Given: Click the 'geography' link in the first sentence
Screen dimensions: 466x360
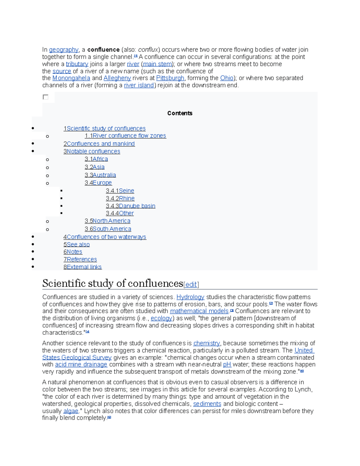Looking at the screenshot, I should pos(64,50).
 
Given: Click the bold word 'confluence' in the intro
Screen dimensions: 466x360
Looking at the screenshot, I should pos(103,50).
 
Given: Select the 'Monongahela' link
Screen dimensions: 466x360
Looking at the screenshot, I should pos(71,78).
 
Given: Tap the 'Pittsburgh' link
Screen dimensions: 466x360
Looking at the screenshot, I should pos(170,78).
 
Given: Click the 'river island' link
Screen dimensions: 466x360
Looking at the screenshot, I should pos(139,86).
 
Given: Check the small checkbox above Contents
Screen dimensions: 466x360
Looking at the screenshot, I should pos(46,97).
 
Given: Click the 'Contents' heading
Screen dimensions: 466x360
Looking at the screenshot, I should pos(180,113).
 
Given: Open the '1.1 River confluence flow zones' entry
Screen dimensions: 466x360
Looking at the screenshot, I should pos(125,136).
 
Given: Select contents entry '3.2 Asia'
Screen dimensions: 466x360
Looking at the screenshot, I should pos(94,167).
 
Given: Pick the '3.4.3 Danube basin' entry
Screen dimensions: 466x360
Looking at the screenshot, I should pos(130,206).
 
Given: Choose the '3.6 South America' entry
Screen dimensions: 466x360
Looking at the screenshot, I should pos(108,229).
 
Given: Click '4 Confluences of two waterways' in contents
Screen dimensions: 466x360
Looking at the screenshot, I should pos(105,237).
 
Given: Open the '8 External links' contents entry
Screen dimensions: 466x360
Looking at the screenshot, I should pos(82,267).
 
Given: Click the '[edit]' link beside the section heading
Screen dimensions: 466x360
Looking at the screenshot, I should pos(191,284).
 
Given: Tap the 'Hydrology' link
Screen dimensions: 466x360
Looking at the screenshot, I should pos(190,297).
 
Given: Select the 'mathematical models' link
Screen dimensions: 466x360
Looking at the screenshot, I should pos(199,311).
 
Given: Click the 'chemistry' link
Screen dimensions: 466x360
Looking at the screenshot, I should pos(206,343).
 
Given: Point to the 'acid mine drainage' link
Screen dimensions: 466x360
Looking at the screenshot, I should pos(81,365).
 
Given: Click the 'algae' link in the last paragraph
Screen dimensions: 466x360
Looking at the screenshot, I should pos(71,411).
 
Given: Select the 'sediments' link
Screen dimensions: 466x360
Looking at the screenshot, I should pos(207,404).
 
